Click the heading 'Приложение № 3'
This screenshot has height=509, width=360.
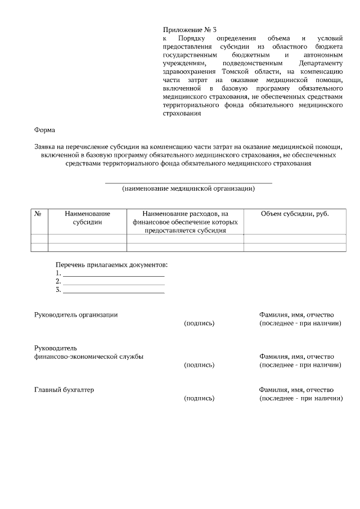pos(189,29)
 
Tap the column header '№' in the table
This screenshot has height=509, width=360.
pos(39,214)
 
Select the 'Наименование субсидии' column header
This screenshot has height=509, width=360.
pos(87,218)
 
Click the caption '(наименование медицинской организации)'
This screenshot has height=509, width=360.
pos(188,189)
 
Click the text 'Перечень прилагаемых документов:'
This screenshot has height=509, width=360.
pos(111,264)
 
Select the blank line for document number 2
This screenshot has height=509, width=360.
pos(114,284)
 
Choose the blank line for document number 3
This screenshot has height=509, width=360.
pos(114,292)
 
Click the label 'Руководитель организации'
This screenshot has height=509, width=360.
pos(76,314)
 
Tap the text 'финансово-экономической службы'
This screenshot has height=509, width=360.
pos(88,357)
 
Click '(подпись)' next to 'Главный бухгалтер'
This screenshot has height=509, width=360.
pos(199,398)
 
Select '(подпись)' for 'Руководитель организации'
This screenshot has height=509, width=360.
pos(199,323)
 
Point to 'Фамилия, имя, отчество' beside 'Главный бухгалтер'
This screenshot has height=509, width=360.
pos(296,389)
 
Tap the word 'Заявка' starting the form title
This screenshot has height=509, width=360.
pos(46,146)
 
